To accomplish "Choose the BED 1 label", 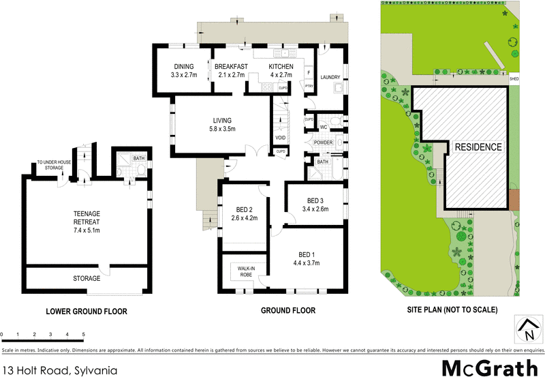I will click(x=306, y=254).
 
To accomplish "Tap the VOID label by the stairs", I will click(x=280, y=138).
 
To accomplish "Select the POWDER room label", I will click(x=323, y=142).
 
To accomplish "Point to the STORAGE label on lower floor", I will click(x=87, y=278).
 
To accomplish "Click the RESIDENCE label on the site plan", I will click(x=479, y=147).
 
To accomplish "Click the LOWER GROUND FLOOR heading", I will click(x=87, y=311).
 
